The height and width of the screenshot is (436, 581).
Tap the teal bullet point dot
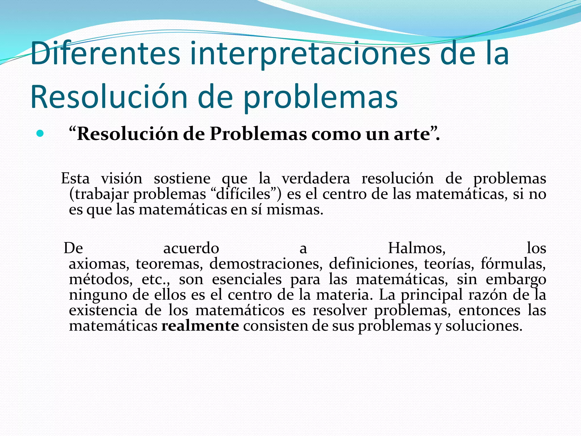[x=40, y=133]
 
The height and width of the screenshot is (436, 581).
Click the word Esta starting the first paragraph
[x=75, y=179]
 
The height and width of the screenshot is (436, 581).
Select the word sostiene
[x=182, y=179]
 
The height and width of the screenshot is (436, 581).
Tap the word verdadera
[x=316, y=179]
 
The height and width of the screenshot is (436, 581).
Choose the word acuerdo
[x=191, y=248]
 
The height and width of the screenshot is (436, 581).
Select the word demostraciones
[x=266, y=264]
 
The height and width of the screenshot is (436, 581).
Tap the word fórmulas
[x=513, y=264]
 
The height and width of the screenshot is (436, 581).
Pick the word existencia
[x=103, y=310]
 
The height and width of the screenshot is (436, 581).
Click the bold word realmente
[x=200, y=326]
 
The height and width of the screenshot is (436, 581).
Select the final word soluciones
[x=484, y=326]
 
